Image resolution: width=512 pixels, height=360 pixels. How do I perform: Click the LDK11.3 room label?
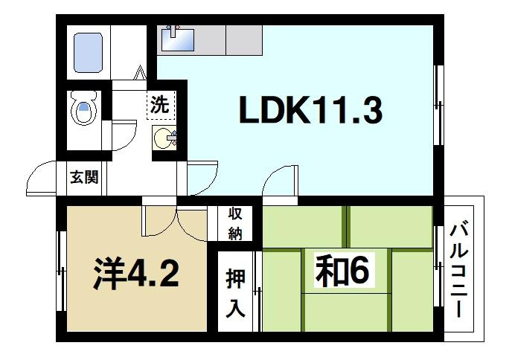[x=310, y=112]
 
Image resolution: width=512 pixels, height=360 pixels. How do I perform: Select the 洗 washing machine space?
[x=160, y=105]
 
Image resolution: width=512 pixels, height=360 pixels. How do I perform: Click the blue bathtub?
[x=89, y=52]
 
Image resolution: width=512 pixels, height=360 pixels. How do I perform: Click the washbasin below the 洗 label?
[x=164, y=139]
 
